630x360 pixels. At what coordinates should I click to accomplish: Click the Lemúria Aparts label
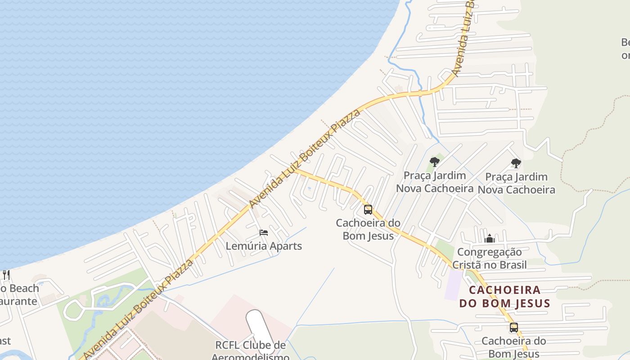coord(263,246)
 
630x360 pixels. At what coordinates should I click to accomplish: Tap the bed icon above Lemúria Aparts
coord(264,233)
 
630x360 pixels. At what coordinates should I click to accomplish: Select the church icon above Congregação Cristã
coord(489,238)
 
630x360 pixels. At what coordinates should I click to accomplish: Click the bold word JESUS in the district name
coord(531,303)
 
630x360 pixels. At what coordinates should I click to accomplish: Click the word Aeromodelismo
coord(250,357)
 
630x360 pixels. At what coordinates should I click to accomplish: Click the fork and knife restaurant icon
coord(6,275)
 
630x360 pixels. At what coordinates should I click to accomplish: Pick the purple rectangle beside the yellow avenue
coord(453,284)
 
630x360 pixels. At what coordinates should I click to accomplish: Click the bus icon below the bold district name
coord(513,328)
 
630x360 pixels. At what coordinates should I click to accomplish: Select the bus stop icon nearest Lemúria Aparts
coord(368,210)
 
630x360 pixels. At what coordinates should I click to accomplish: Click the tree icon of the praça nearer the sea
coord(434,162)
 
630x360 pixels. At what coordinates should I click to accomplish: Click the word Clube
coord(264,345)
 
